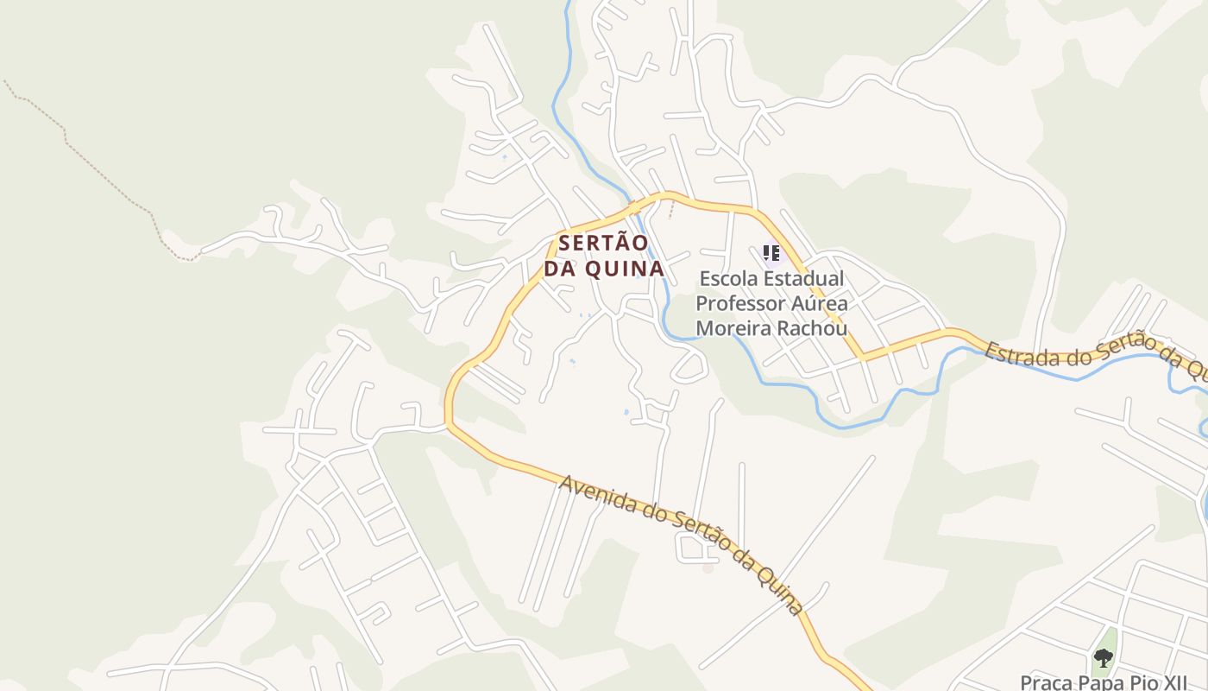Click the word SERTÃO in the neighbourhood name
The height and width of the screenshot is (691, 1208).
click(x=602, y=244)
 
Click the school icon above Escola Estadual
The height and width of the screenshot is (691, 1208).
click(x=771, y=253)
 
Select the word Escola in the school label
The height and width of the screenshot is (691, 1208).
click(x=728, y=279)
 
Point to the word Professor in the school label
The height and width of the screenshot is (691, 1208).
click(x=740, y=304)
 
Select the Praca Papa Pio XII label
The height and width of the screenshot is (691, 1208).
click(x=1107, y=682)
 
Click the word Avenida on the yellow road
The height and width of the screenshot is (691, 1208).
click(x=594, y=493)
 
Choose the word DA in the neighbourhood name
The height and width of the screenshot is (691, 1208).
click(x=560, y=269)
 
